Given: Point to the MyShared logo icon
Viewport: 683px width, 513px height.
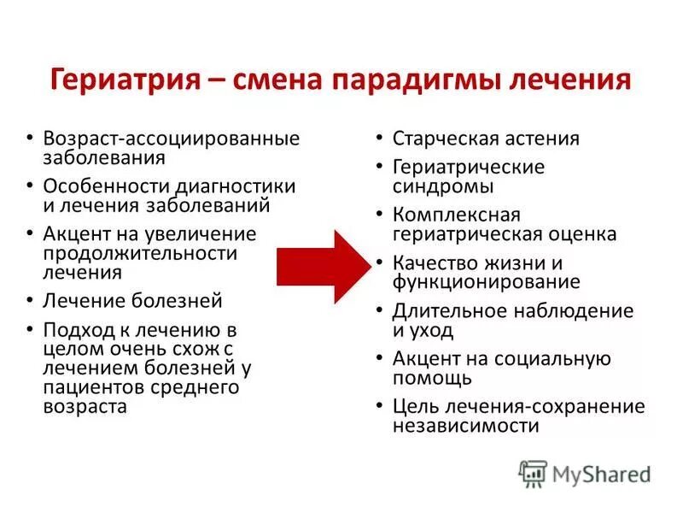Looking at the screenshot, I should point(533,473).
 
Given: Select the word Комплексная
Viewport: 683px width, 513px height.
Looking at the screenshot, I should point(456,214).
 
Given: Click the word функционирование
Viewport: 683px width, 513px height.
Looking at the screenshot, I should point(487,281).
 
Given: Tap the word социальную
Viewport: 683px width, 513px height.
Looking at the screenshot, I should point(557,358).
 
